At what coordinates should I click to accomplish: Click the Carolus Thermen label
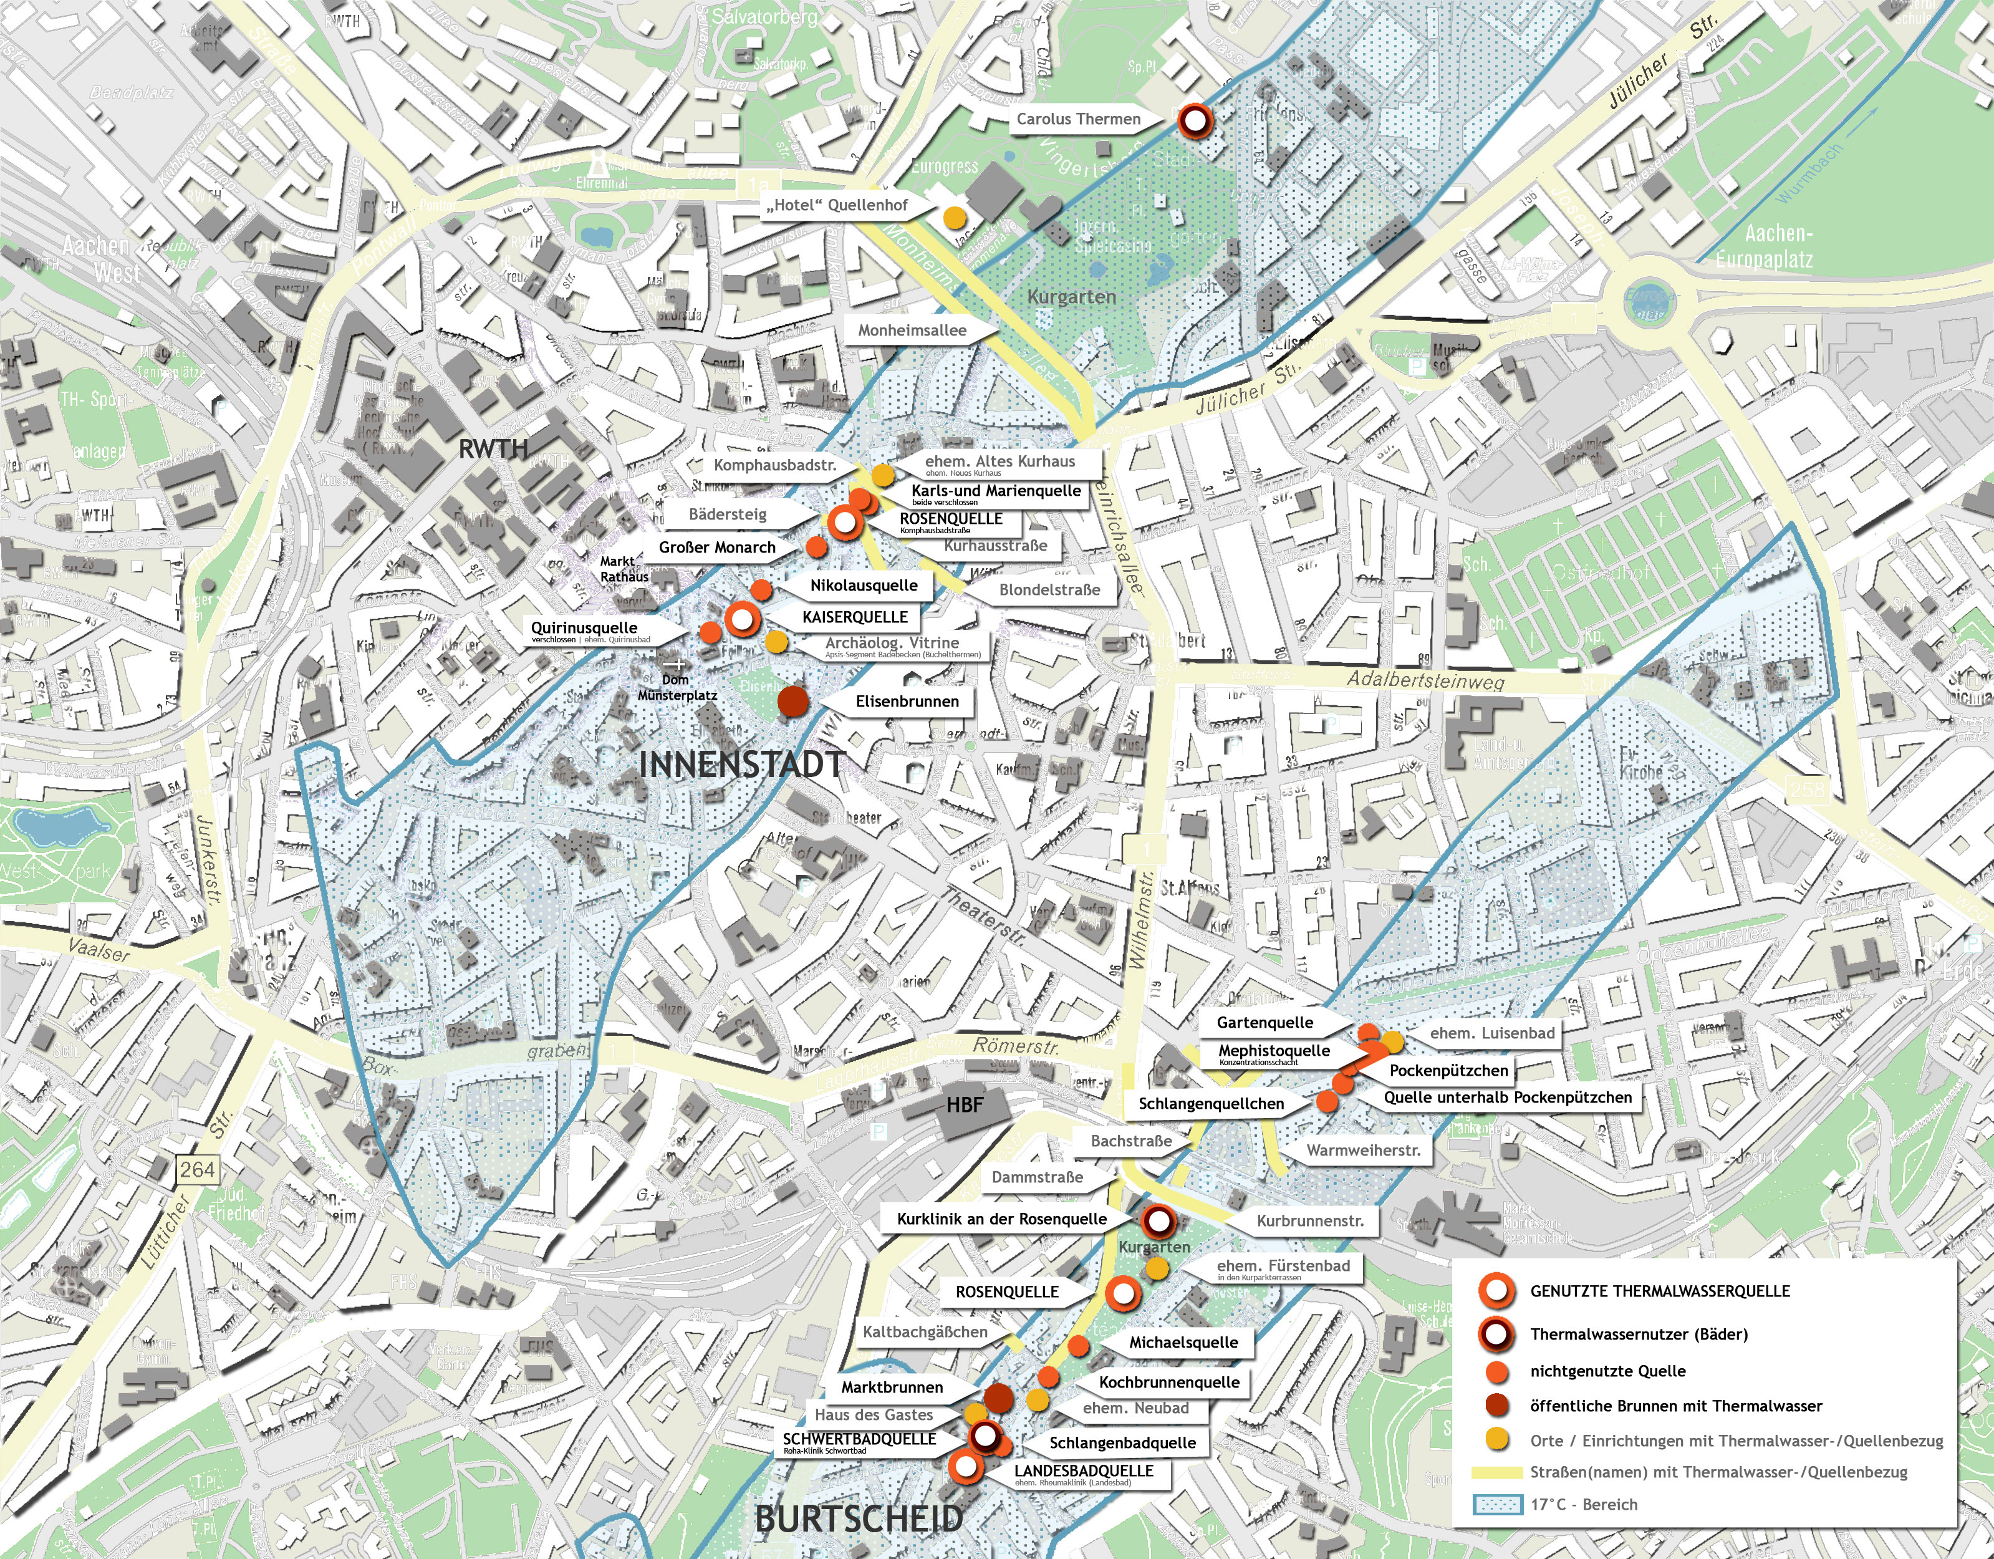coord(1078,118)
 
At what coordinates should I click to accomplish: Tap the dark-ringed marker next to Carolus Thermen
coord(1194,120)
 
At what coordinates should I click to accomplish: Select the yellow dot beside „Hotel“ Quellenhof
coord(953,218)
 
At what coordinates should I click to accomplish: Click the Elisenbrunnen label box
coord(907,702)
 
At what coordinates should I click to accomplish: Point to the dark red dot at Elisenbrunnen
coord(792,702)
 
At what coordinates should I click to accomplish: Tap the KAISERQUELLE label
coord(855,617)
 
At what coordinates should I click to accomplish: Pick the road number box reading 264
coord(196,1170)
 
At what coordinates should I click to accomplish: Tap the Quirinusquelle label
coord(584,629)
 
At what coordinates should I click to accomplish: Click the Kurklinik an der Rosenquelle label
coord(1001,1219)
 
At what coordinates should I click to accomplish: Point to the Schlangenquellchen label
coord(1211,1103)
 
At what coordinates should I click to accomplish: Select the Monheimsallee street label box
coord(911,331)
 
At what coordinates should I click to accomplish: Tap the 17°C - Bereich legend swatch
coord(1497,1504)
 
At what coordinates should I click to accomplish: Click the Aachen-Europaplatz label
coord(1764,246)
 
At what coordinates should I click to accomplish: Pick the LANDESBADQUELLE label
coord(1084,1471)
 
